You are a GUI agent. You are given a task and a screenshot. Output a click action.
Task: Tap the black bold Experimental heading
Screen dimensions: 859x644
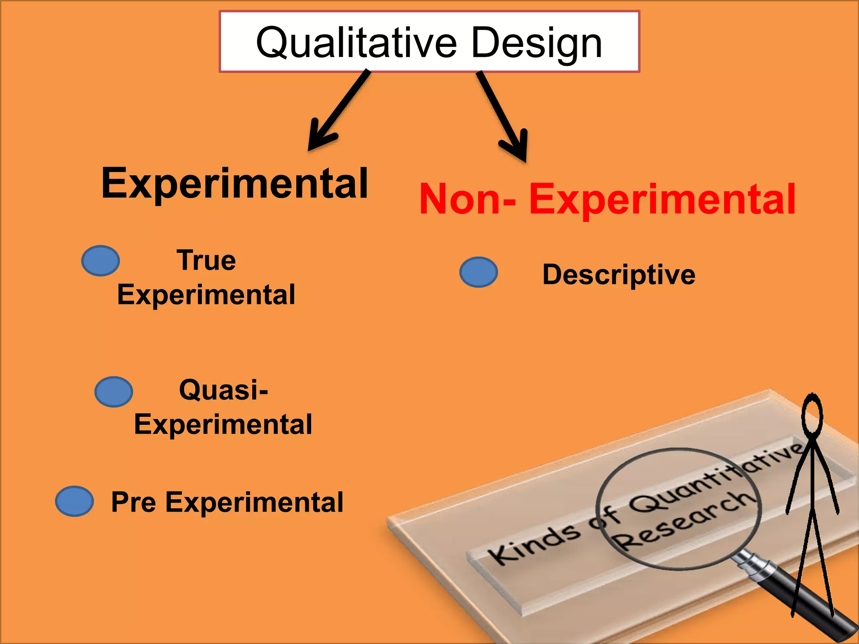tap(234, 184)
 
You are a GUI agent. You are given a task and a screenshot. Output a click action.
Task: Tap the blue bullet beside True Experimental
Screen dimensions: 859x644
tap(101, 261)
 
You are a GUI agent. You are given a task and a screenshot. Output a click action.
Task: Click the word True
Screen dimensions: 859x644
tap(206, 260)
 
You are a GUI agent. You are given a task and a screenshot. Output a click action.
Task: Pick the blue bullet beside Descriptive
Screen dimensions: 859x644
tap(479, 272)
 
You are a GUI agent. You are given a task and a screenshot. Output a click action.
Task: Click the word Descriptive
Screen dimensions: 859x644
tap(619, 275)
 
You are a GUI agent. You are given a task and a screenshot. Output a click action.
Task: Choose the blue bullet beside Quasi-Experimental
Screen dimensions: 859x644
tap(114, 392)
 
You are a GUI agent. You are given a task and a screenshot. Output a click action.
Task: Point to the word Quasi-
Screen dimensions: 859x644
tap(223, 390)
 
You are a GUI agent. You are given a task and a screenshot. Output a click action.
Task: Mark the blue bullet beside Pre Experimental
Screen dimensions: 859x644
tap(74, 501)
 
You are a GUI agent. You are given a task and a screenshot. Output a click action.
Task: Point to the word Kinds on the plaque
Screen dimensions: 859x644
tap(535, 544)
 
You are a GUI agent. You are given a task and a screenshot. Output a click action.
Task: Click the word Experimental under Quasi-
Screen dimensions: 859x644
tap(223, 424)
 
